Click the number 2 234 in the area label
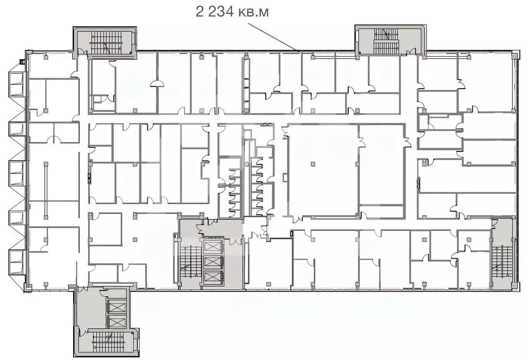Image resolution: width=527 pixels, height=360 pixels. [x=215, y=11]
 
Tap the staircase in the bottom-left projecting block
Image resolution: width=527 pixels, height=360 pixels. [x=106, y=341]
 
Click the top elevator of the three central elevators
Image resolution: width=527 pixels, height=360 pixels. [x=212, y=245]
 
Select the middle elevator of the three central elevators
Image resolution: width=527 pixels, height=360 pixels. [x=212, y=262]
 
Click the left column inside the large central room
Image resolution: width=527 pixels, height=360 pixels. [x=312, y=164]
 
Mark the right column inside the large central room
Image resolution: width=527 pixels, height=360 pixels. [x=356, y=164]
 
